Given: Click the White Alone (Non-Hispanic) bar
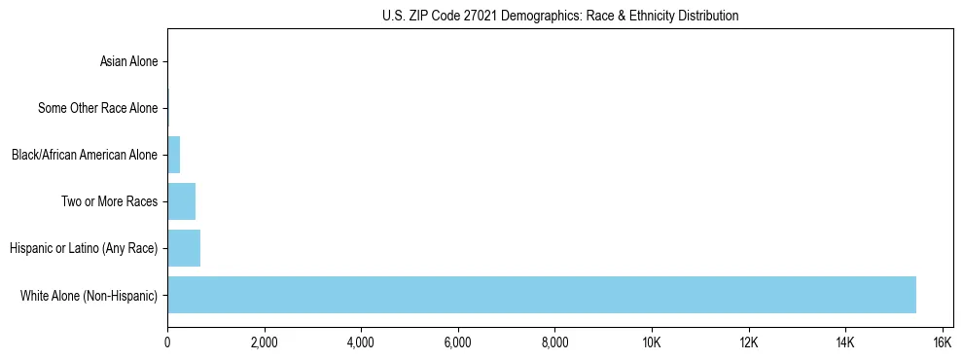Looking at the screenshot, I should point(541,295).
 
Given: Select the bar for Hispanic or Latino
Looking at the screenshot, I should point(184,248).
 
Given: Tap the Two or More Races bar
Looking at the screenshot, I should point(181,201).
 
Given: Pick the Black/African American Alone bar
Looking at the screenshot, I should point(174,155).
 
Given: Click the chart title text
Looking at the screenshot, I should point(559,16).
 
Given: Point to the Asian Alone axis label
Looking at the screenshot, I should point(128,61).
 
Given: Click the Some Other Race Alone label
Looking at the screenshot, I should point(97,108).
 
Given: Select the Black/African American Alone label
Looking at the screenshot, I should point(84,155).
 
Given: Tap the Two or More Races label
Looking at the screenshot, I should point(109,201).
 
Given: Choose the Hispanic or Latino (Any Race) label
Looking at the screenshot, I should point(84,248).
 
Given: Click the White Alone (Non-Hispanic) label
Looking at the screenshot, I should point(89,295).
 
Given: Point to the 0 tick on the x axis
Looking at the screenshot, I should point(167,342).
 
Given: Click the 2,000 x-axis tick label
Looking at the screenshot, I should point(264,342).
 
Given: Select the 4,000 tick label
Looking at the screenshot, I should point(361,342).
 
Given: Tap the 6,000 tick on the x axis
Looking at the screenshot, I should point(457,342).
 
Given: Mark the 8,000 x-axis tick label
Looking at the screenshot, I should point(554,342).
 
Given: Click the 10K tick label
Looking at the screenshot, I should point(652,342).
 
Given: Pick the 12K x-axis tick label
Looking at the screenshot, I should point(748,342).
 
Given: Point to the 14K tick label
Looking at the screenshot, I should point(845,342).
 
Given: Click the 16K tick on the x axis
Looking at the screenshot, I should point(942,342).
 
